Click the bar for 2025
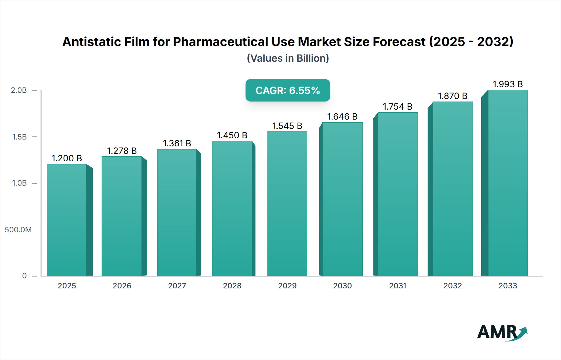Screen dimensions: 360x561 67,220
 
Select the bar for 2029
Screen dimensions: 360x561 287,204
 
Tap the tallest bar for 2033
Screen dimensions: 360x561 507,183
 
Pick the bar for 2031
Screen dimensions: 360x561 397,194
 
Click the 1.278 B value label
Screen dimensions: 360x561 122,151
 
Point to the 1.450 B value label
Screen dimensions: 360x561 232,135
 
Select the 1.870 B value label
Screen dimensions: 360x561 453,96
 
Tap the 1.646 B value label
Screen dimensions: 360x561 342,116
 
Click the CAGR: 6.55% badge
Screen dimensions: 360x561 288,90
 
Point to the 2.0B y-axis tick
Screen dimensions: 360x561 19,90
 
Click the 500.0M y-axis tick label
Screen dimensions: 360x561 18,230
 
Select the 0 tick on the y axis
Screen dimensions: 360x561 24,276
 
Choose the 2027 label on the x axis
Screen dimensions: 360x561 177,286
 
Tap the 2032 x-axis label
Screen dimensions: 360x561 453,286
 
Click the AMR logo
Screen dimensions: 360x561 502,332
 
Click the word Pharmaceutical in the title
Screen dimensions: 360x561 220,42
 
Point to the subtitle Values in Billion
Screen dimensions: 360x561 288,58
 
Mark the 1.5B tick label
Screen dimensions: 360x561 19,137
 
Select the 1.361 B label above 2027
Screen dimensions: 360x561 177,143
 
